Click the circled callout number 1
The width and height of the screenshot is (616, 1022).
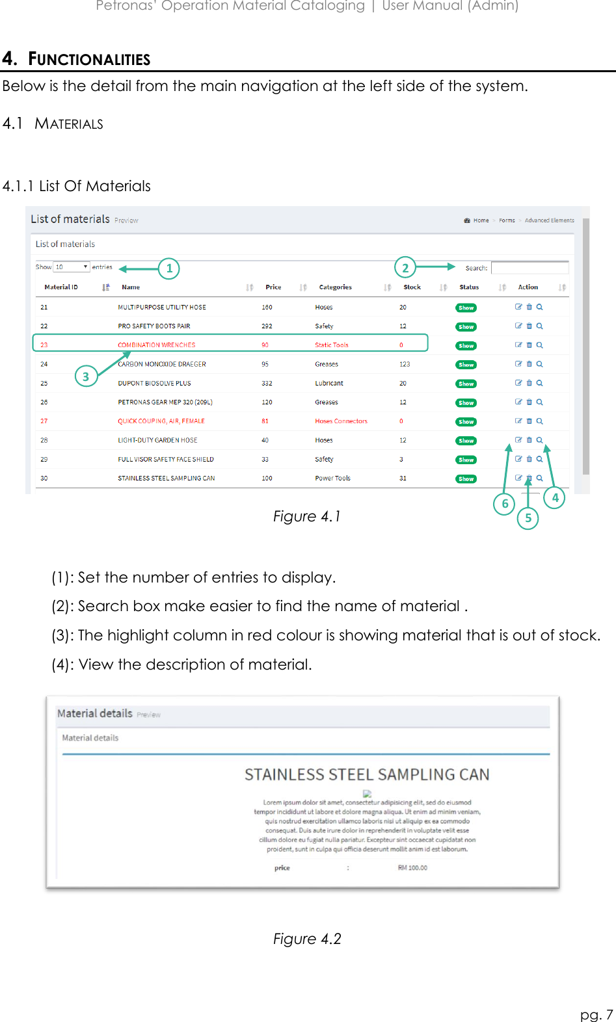click(x=169, y=269)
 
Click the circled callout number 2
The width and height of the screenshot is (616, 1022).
click(x=405, y=268)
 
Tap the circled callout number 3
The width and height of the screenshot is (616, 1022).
click(x=86, y=376)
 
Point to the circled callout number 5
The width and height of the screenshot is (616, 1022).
click(x=528, y=518)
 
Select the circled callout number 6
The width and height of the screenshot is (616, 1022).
click(x=505, y=504)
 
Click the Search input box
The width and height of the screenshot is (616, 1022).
click(x=529, y=268)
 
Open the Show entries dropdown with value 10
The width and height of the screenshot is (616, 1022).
click(x=71, y=267)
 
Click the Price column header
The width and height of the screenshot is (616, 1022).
click(x=273, y=287)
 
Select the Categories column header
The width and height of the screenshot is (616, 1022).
click(x=335, y=287)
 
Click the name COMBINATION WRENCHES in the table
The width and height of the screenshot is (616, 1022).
click(x=156, y=345)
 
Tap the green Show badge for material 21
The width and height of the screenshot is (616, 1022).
click(x=466, y=308)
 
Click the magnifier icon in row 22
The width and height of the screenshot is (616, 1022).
click(x=539, y=326)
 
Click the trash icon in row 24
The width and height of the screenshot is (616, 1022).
click(x=529, y=364)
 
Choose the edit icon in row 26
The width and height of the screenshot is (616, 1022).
click(x=518, y=402)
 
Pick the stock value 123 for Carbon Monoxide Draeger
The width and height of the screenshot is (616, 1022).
click(x=405, y=365)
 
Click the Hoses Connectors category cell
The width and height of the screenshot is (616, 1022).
click(x=341, y=421)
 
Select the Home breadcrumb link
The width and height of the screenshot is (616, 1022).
click(x=481, y=220)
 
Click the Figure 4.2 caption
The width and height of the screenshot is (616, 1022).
click(x=307, y=939)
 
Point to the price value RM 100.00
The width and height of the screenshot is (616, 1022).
click(x=412, y=868)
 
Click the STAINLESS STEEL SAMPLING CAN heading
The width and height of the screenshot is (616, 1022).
click(x=367, y=775)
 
